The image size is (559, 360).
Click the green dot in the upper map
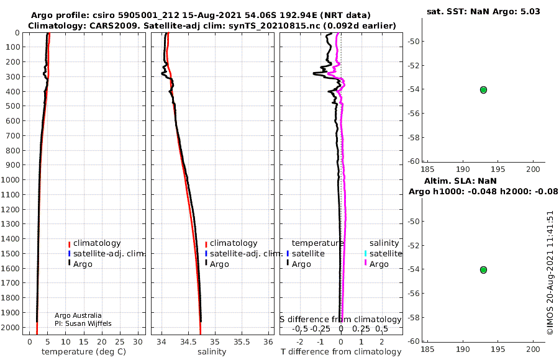coord(483,90)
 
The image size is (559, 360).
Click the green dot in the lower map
coord(483,270)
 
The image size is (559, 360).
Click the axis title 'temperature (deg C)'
coord(84,352)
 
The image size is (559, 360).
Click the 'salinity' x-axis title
coord(211,352)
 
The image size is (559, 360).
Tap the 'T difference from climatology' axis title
coord(341,352)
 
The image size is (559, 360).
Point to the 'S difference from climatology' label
coord(340,319)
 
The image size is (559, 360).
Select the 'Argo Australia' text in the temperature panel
coord(78,315)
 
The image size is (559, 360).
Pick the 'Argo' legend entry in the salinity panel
coord(219,264)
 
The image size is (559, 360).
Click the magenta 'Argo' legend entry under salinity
coord(378,264)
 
